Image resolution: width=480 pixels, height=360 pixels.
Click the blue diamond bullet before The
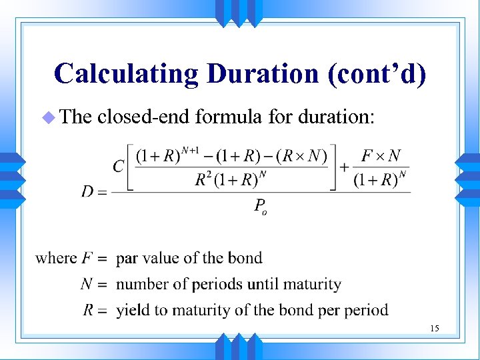coord(47,118)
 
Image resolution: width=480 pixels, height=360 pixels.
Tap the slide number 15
coord(434,328)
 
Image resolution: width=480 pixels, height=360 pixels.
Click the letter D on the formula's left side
coord(87,192)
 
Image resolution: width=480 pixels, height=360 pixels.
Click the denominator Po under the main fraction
coord(261,207)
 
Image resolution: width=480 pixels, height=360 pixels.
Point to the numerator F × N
coord(381,156)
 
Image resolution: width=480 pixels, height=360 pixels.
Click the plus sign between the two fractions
coord(345,167)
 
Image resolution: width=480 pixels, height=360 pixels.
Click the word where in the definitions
coord(56,258)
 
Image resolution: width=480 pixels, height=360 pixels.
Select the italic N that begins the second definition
coord(86,284)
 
